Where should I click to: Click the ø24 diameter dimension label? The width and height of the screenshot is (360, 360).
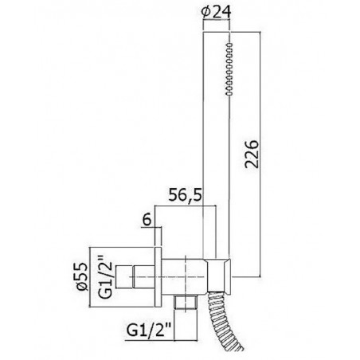coord(216,13)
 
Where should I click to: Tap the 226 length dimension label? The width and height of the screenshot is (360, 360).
coord(252,154)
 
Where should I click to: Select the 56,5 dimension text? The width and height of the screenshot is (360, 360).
coord(186,196)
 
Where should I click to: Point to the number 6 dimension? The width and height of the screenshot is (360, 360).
coord(147,220)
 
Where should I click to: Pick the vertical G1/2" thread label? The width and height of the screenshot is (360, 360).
coord(105,277)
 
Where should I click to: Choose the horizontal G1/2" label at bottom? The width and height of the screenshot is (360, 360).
coord(149,331)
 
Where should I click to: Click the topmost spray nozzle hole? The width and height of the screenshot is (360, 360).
coord(229,45)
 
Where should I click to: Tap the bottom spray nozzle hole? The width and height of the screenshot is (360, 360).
coord(229,93)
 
